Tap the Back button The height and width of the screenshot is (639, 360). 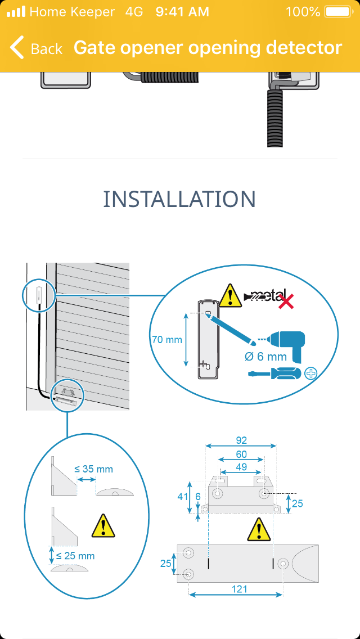[x=36, y=48]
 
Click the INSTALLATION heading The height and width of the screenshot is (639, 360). [x=179, y=199]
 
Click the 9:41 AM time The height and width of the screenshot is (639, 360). [x=182, y=11]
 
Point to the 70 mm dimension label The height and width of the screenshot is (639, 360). [x=167, y=340]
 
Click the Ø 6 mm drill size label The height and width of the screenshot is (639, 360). [x=266, y=357]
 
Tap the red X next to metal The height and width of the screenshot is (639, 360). [x=287, y=301]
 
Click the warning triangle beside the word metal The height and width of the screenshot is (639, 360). [x=231, y=296]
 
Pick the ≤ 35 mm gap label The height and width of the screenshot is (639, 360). [x=93, y=469]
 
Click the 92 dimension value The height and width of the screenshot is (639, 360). [x=241, y=440]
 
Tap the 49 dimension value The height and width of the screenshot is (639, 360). [x=241, y=466]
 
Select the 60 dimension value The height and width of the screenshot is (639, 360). [x=241, y=454]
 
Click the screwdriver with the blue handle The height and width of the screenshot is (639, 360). [x=274, y=373]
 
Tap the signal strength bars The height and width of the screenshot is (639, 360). [x=16, y=11]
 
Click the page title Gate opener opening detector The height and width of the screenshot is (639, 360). [x=208, y=48]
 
